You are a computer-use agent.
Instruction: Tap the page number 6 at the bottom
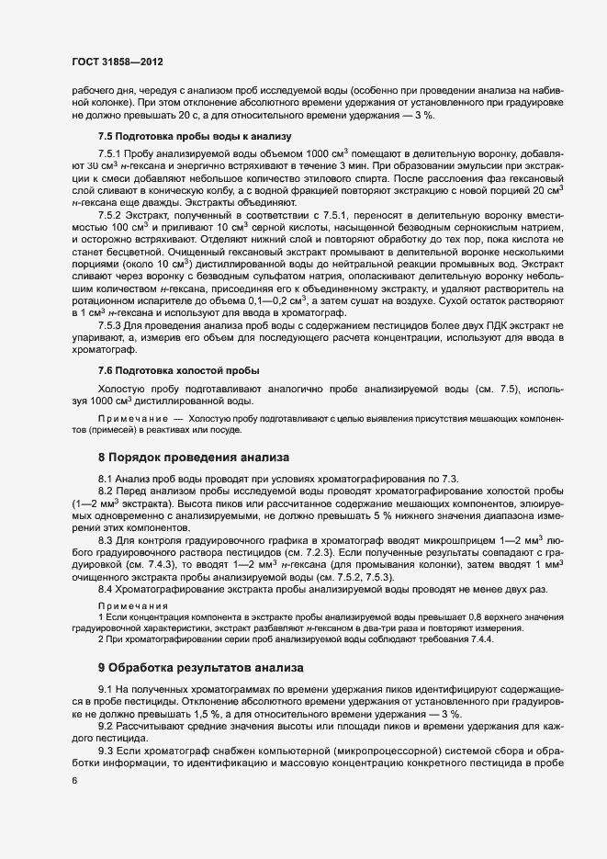tap(74, 780)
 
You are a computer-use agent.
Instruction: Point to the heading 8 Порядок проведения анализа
tap(194, 457)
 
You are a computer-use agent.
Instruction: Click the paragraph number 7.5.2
tap(113, 214)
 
